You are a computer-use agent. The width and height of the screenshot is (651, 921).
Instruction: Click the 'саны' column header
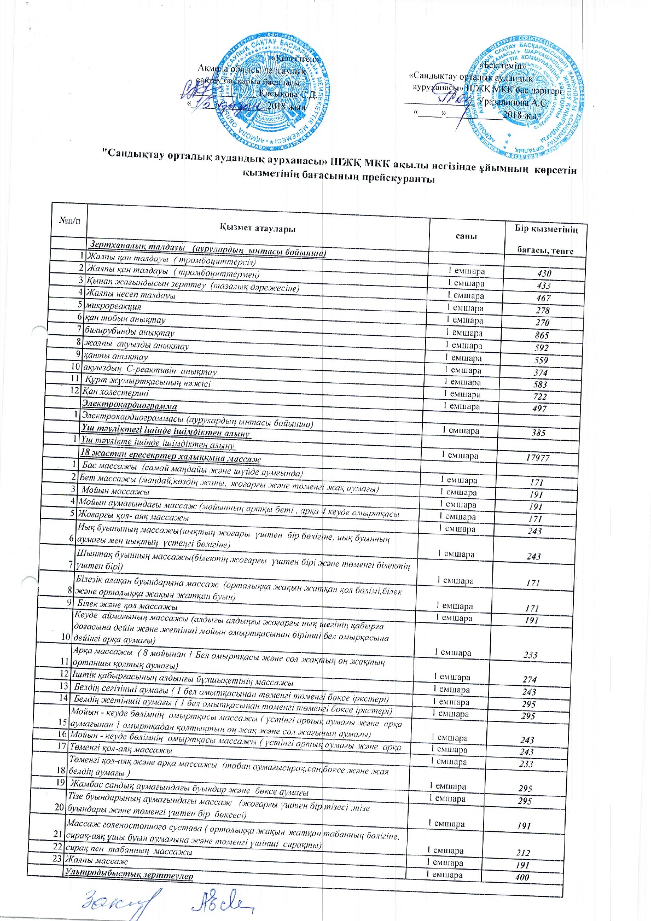[x=466, y=236]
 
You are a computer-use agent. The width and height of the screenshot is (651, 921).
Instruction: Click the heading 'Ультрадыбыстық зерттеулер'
[x=129, y=876]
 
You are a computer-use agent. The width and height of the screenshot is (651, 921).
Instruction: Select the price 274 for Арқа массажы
[x=530, y=680]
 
